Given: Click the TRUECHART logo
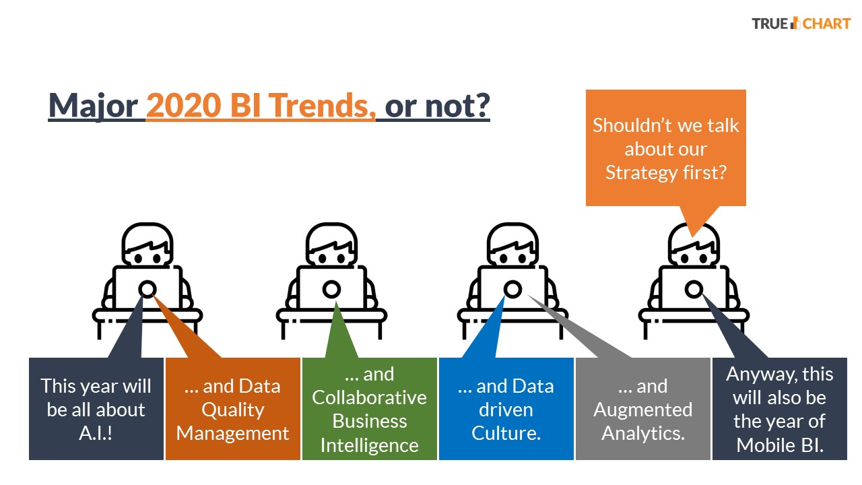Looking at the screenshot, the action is click(x=801, y=24).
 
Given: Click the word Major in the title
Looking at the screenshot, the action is click(x=93, y=106).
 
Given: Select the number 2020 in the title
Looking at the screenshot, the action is click(x=184, y=105).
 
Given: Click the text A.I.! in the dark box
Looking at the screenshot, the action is click(x=96, y=433).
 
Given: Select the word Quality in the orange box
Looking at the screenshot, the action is click(x=233, y=410).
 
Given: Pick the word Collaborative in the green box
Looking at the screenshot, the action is click(x=370, y=397).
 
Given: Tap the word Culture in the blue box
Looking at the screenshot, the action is click(x=505, y=433).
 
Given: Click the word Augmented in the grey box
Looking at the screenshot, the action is click(x=642, y=410).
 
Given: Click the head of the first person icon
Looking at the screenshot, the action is click(x=147, y=245).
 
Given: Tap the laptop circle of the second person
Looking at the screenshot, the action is click(x=332, y=290).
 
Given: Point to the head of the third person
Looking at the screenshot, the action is click(x=512, y=245).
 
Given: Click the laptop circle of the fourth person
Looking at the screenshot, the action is click(x=694, y=290).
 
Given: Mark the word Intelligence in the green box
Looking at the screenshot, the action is click(x=370, y=446).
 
